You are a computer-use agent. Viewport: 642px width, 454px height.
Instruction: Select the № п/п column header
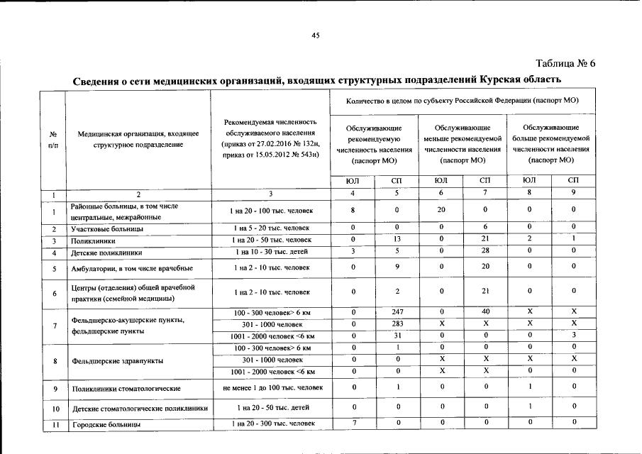pos(53,138)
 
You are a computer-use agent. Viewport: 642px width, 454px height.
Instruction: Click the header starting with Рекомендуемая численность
pos(270,138)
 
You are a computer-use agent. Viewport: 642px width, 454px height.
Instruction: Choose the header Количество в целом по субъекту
pos(462,101)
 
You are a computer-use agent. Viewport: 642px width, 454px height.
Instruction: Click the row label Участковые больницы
pos(107,229)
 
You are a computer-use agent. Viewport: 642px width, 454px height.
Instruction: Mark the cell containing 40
pos(485,313)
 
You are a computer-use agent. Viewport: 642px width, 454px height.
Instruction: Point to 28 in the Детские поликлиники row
pos(485,252)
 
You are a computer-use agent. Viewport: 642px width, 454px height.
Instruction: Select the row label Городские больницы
pos(106,424)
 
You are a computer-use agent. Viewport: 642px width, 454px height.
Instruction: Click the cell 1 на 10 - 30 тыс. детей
pos(270,252)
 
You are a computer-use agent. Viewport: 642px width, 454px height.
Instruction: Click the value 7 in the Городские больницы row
pos(353,423)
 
